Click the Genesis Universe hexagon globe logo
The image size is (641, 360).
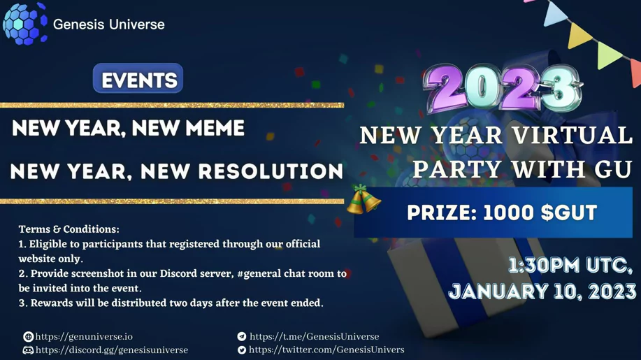pyautogui.click(x=24, y=23)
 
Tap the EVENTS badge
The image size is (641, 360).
pyautogui.click(x=138, y=78)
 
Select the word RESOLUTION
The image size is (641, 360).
pyautogui.click(x=271, y=171)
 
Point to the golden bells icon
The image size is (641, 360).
pyautogui.click(x=363, y=199)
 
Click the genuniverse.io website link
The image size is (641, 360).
pyautogui.click(x=84, y=337)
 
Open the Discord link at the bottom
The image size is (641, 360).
pyautogui.click(x=112, y=350)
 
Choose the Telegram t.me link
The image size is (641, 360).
pyautogui.click(x=314, y=337)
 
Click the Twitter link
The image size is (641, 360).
pyautogui.click(x=326, y=350)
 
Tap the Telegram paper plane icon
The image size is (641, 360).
pyautogui.click(x=242, y=337)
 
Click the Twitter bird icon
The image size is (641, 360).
pyautogui.click(x=242, y=350)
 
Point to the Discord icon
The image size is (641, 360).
pyautogui.click(x=28, y=350)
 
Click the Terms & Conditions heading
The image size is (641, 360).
pyautogui.click(x=69, y=229)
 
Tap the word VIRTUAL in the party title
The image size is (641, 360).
pyautogui.click(x=572, y=135)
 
